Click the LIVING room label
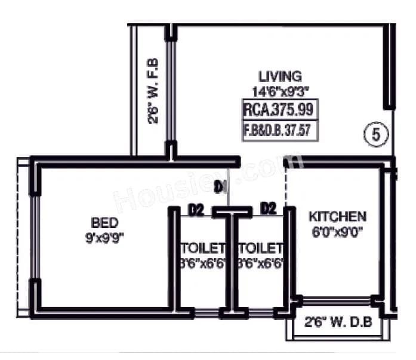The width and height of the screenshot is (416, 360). [x=279, y=76]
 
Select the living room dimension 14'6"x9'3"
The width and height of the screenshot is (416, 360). [x=279, y=91]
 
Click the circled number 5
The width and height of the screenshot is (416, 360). [x=375, y=134]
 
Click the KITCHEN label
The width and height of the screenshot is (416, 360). [x=338, y=216]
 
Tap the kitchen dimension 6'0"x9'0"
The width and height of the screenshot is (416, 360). [x=338, y=230]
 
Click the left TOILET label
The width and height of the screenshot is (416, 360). [x=203, y=247]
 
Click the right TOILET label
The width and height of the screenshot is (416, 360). [x=260, y=247]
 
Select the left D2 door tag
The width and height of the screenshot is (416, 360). [x=196, y=210]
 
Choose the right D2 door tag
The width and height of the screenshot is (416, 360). [x=269, y=208]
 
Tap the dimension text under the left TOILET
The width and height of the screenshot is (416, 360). [x=203, y=262]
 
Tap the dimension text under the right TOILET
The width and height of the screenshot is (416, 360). [x=260, y=262]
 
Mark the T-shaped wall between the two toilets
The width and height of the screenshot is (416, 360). [x=232, y=257]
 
